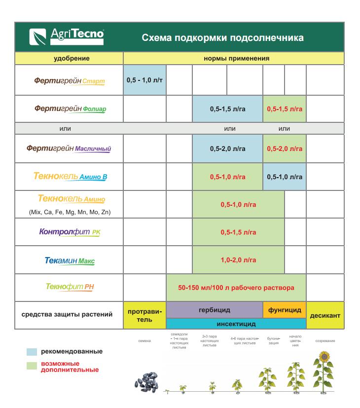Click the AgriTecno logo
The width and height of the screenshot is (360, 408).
(x=67, y=37)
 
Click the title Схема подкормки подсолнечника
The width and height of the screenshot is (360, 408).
(x=222, y=38)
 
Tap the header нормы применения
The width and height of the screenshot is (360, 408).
(x=236, y=58)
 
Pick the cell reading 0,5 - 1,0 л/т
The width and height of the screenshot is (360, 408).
(x=144, y=80)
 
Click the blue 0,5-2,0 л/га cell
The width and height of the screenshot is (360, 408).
(x=227, y=148)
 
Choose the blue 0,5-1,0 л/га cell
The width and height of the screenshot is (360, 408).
(x=285, y=176)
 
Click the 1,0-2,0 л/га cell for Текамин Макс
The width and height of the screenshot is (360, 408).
(x=238, y=260)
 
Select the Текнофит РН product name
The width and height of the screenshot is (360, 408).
(x=69, y=287)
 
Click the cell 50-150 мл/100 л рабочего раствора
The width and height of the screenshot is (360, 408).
(x=236, y=287)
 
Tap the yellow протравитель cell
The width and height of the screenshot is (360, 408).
(x=144, y=315)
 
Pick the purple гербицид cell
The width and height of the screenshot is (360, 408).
(x=214, y=310)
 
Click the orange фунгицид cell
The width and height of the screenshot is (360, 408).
(x=284, y=310)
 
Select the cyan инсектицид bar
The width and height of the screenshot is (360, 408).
(x=236, y=324)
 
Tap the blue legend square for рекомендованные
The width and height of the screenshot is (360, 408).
(x=32, y=352)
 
